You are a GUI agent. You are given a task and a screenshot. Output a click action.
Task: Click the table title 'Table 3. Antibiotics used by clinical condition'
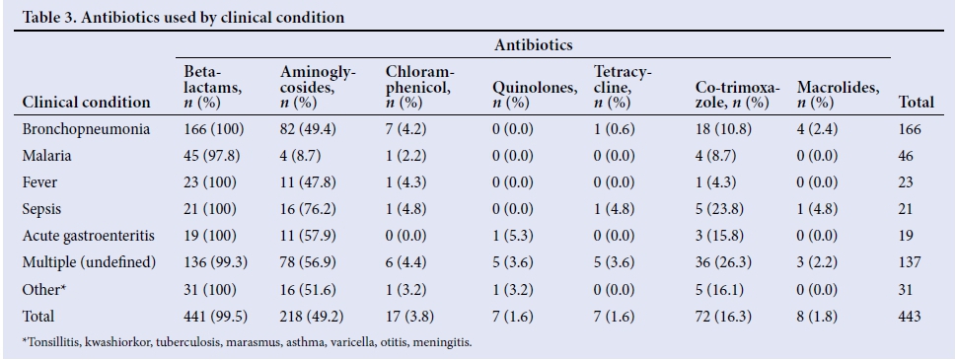(x=183, y=17)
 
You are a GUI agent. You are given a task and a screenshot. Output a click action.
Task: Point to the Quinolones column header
(x=535, y=95)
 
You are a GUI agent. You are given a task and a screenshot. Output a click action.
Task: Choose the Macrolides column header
(x=839, y=95)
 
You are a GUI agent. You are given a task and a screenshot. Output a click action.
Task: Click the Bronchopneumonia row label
(x=86, y=129)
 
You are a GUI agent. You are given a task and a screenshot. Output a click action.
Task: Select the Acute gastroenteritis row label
(x=89, y=236)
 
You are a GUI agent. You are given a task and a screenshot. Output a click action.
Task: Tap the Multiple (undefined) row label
(x=89, y=262)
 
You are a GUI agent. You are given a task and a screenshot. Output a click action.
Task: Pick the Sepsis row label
(x=41, y=209)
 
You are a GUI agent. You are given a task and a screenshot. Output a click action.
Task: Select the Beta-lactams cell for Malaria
(x=211, y=156)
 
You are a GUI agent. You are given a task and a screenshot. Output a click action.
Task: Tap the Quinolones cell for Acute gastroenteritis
(x=513, y=236)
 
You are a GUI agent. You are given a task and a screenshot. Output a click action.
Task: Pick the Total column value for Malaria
(x=906, y=156)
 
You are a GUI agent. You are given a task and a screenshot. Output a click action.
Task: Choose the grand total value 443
(x=909, y=317)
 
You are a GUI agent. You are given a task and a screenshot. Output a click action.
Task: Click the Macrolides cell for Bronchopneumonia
(x=817, y=129)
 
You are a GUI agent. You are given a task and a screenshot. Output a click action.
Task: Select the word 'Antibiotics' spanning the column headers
(x=534, y=45)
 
